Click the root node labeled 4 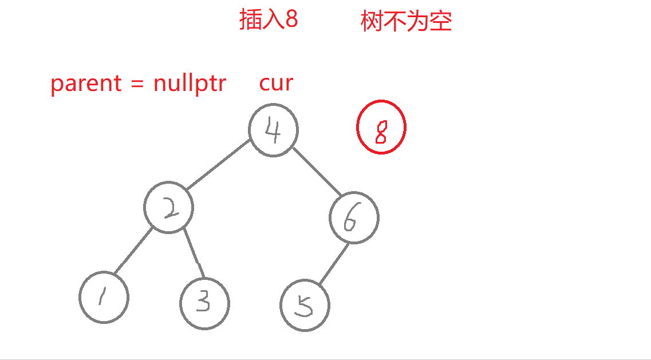[274, 130]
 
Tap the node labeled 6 [354, 218]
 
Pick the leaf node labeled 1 [104, 297]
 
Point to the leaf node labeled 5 [305, 305]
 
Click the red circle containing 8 [381, 127]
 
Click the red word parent [86, 84]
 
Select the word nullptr [190, 84]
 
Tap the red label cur [276, 83]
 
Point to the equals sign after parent [136, 84]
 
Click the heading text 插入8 [268, 21]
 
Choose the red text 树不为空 [406, 22]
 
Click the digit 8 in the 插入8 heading [291, 21]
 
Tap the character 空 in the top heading [441, 22]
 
